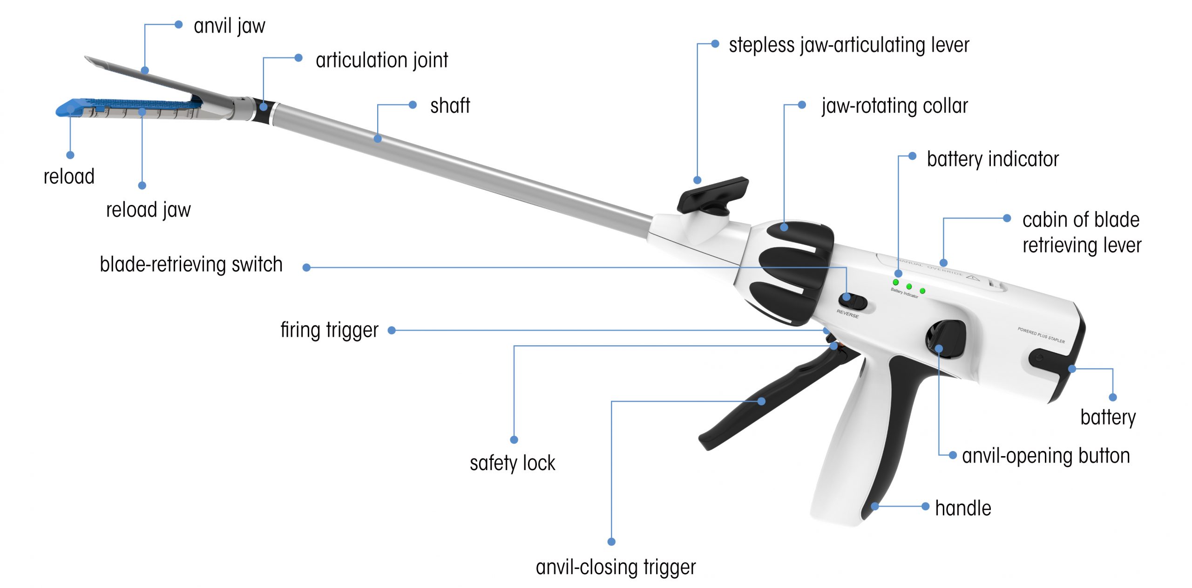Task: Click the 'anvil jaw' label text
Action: point(229,26)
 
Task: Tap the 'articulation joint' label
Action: point(382,61)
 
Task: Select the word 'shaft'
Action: point(450,106)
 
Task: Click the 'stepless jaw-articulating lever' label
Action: point(849,46)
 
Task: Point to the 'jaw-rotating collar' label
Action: point(894,106)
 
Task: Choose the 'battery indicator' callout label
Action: point(993,159)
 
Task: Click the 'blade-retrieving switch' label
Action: point(191,265)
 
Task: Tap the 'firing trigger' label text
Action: point(329,330)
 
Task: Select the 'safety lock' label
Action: point(512,463)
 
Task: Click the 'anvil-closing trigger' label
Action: point(616,567)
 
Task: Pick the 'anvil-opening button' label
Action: point(1046,456)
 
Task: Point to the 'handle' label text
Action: point(963,508)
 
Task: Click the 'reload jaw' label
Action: point(149,210)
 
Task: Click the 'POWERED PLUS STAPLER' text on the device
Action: point(1041,335)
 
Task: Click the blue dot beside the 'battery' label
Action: point(1113,397)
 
